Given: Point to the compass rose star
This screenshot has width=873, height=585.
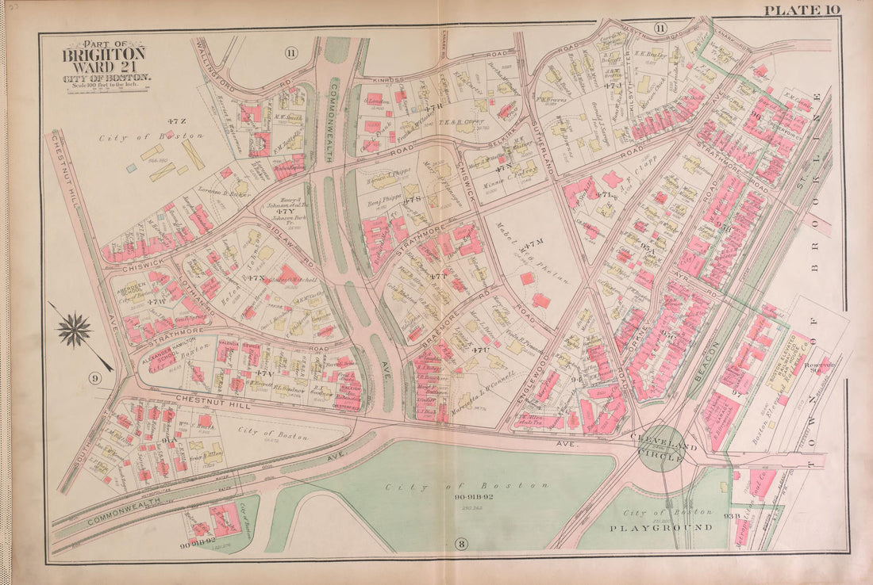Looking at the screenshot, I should tap(75, 330).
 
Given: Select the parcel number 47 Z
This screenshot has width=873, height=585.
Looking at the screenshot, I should tap(176, 120).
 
